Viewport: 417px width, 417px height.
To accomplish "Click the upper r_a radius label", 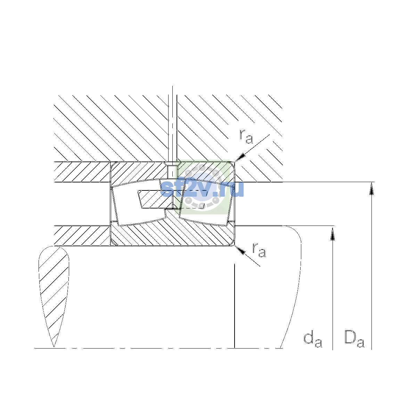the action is click(246, 137).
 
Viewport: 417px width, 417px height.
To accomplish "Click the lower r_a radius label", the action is click(259, 250).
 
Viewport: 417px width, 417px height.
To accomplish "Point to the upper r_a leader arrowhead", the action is click(240, 157).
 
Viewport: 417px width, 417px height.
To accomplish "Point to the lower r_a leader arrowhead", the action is click(240, 250).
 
